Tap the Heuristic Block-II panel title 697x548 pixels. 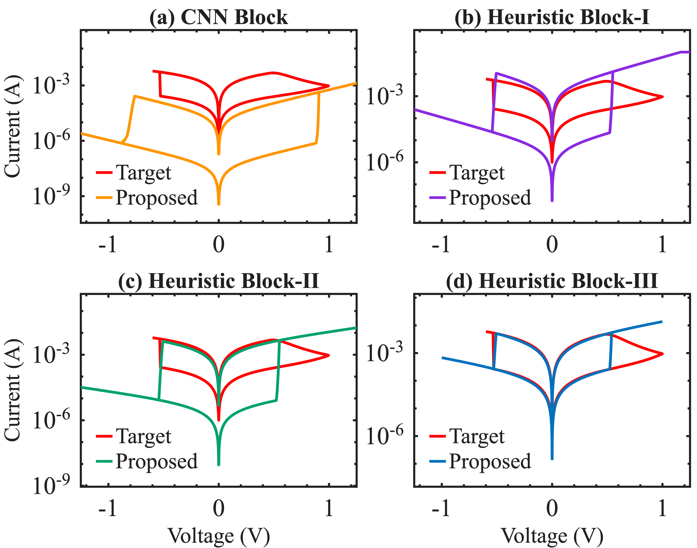pos(219,281)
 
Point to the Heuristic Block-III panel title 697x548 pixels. pos(552,281)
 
